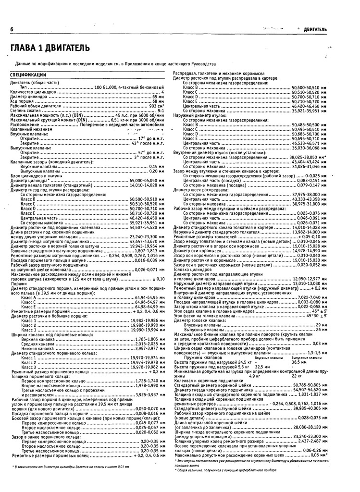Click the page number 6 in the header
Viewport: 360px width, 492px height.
coord(11,30)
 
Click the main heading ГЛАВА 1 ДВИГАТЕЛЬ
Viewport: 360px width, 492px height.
coord(50,48)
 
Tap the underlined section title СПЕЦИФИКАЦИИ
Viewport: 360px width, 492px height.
coord(28,75)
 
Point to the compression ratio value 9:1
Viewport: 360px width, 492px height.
coord(161,111)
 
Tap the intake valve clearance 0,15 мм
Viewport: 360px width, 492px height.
coord(156,166)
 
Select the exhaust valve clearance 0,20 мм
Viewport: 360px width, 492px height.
coord(156,171)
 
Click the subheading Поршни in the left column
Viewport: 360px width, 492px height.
coord(19,283)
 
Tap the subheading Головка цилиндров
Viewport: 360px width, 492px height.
coord(190,270)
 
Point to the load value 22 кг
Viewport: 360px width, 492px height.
coord(297,376)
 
